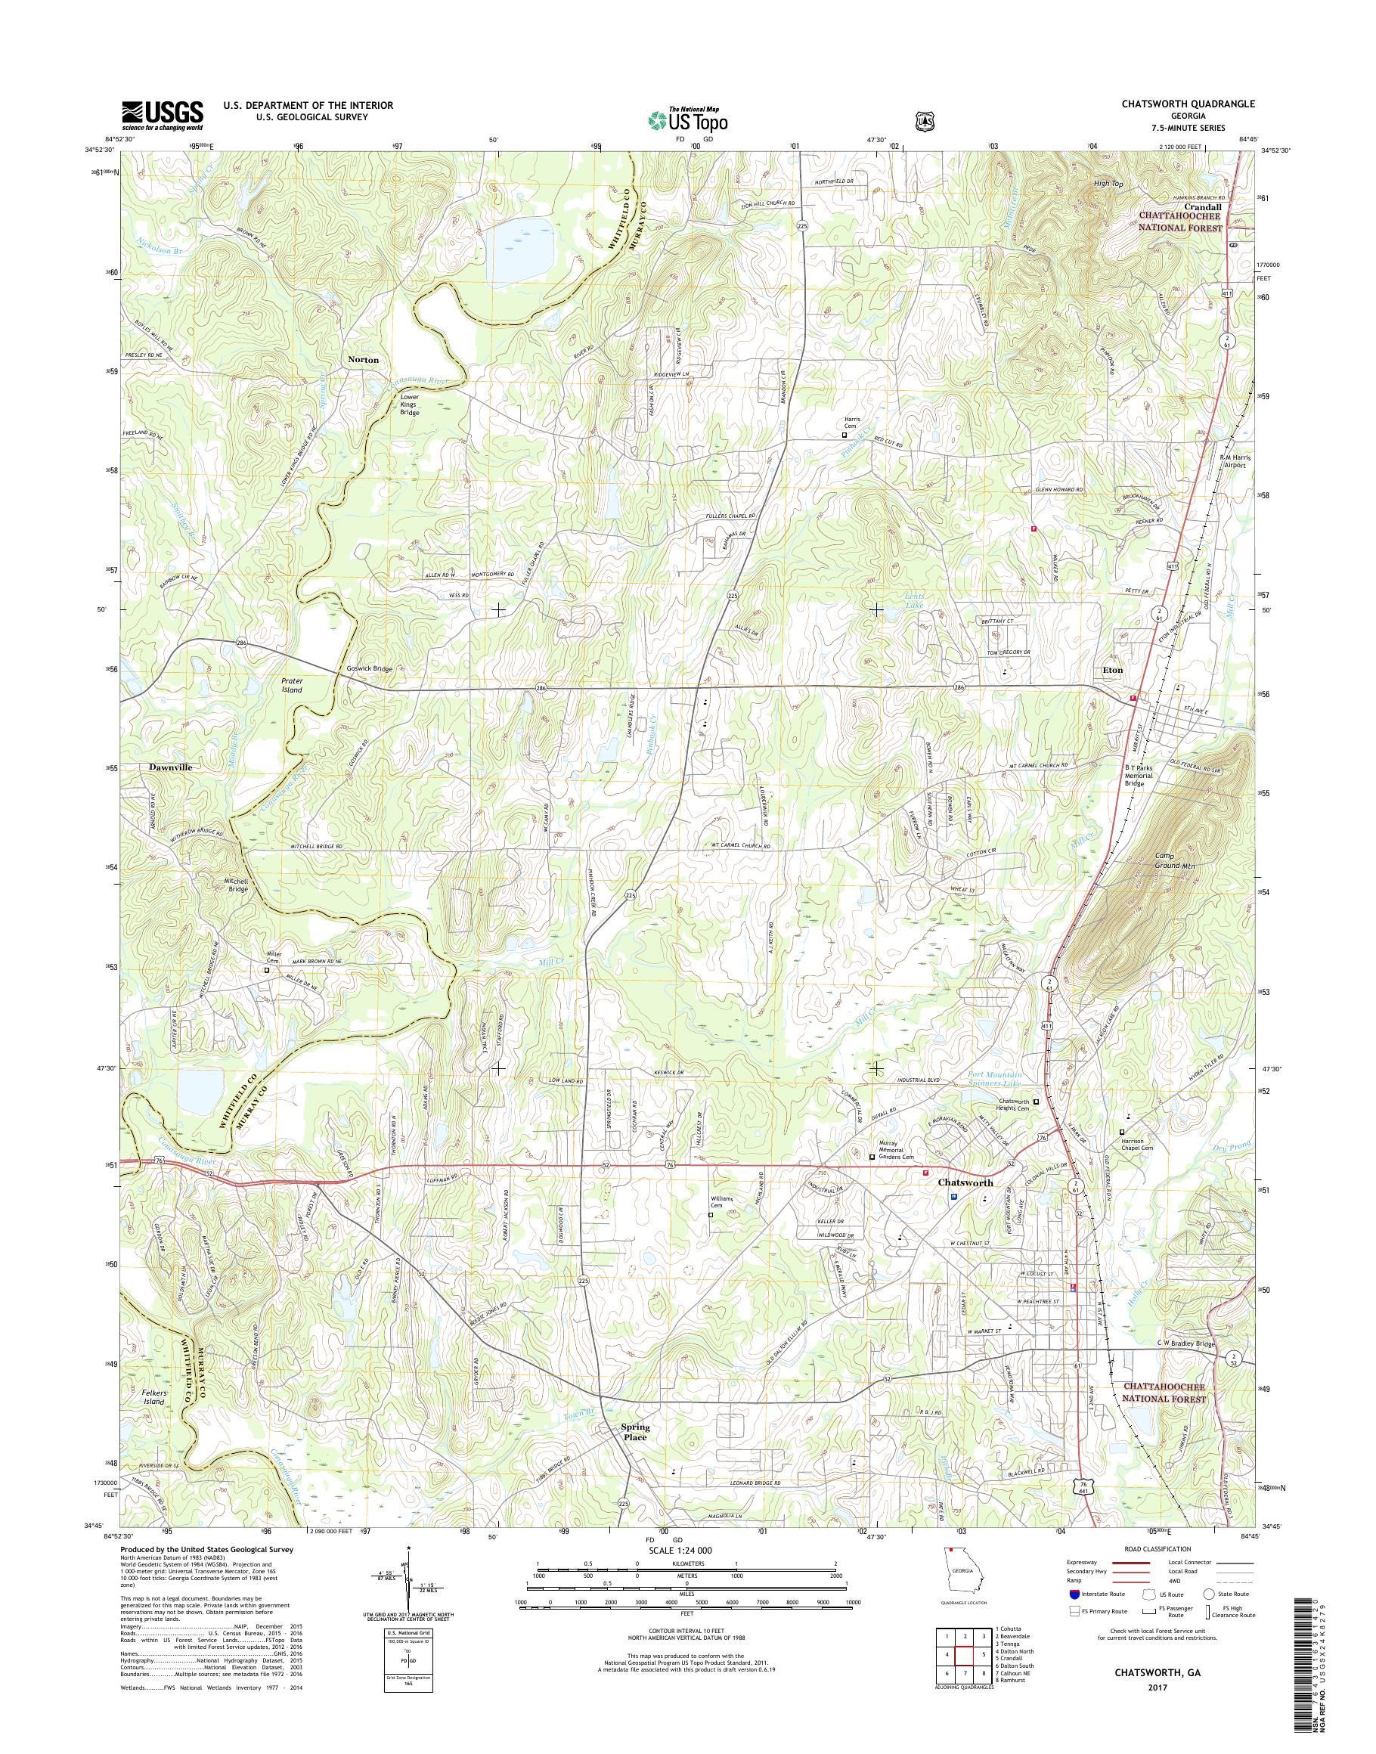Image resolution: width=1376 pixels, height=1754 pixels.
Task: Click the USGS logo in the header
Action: (162, 115)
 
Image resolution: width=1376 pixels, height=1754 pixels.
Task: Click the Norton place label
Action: (363, 359)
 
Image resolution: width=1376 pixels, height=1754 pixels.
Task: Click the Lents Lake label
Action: (913, 601)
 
